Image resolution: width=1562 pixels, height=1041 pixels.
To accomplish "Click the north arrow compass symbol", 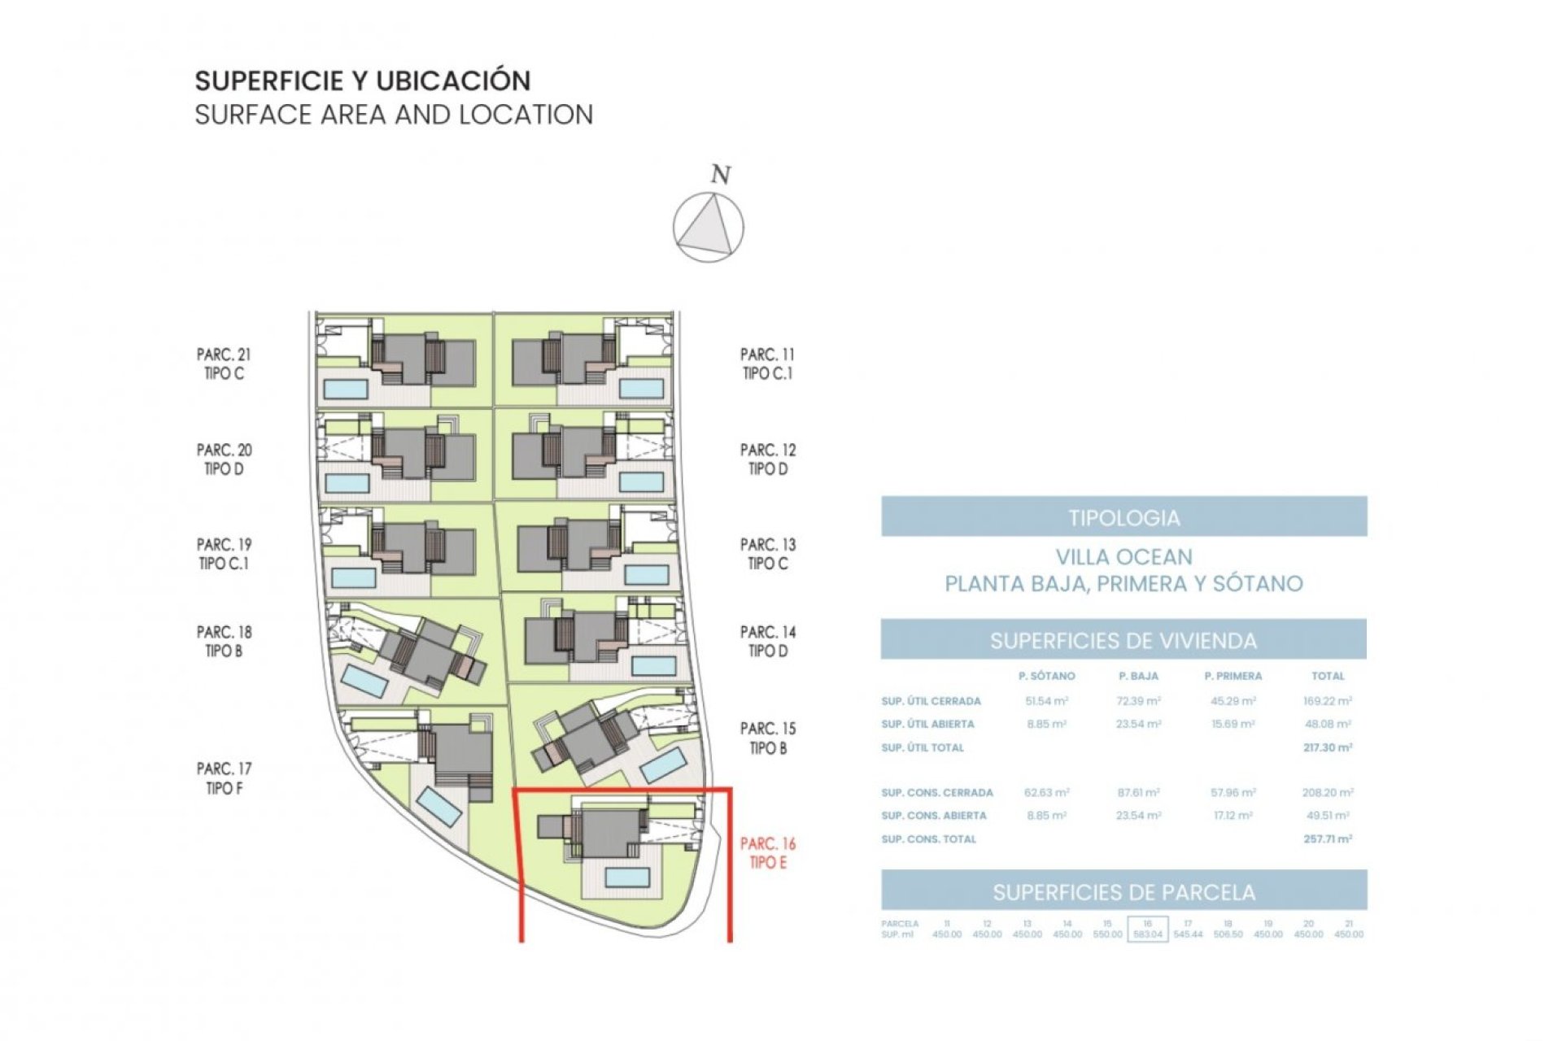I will [x=708, y=227].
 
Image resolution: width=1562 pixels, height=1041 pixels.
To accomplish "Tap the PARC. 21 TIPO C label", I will [x=224, y=364].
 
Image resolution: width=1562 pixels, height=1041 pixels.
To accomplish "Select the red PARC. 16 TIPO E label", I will [x=768, y=853].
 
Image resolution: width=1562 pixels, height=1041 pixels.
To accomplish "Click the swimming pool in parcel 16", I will [x=626, y=877].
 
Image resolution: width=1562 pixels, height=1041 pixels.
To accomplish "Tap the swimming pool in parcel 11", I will [x=641, y=388].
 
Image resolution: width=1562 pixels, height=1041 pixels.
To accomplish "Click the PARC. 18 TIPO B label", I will [x=224, y=641].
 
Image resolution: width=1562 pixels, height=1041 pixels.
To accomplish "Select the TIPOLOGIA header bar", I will [x=1124, y=517].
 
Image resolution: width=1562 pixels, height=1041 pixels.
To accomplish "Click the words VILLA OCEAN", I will [x=1124, y=557].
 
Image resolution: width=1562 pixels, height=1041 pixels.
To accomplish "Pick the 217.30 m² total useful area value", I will [x=1327, y=747].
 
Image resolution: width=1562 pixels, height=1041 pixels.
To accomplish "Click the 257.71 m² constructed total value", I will [x=1327, y=838].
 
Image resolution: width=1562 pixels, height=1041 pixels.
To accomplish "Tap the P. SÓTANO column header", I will [x=1046, y=676].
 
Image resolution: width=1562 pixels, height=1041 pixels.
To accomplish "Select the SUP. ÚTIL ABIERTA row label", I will [x=927, y=724].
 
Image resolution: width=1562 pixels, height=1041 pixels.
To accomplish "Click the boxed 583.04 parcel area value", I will [x=1147, y=934].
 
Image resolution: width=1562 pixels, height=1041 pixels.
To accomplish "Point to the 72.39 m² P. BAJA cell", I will [x=1138, y=700].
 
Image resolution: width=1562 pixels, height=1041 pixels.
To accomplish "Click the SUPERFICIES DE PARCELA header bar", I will [x=1124, y=892].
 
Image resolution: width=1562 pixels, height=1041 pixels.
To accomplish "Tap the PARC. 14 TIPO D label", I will [x=768, y=641].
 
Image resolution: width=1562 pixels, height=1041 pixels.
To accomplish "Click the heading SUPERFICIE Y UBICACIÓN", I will [x=363, y=81].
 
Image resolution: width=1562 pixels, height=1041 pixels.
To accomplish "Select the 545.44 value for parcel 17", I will [x=1187, y=934].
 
